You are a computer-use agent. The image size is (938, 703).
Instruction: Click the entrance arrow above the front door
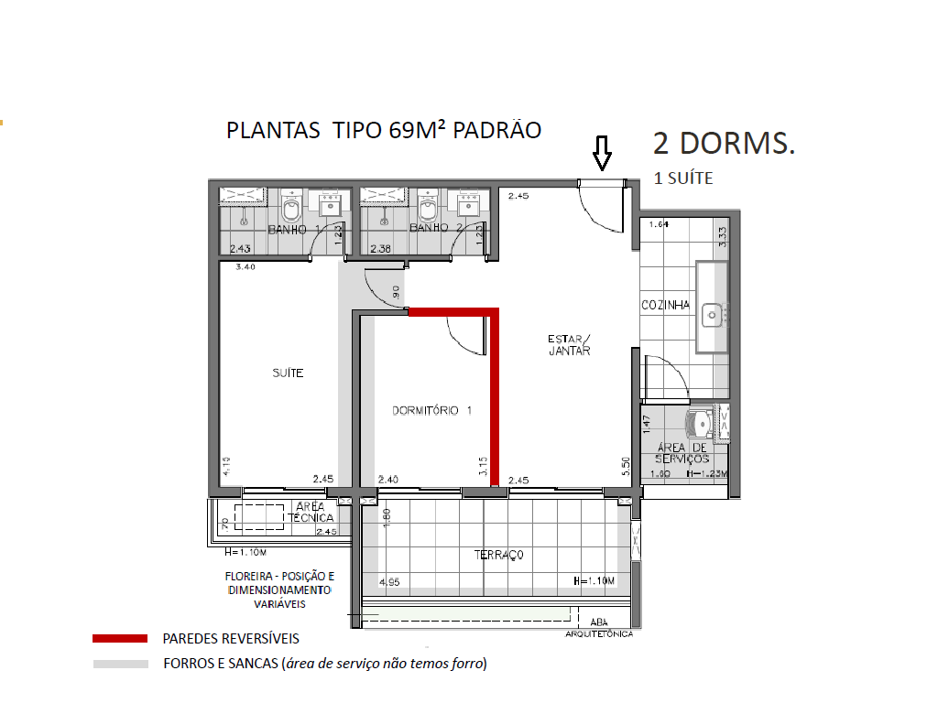[601, 153]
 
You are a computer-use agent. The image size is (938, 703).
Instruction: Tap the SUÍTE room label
[288, 373]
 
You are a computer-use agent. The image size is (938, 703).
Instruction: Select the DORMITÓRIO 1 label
[431, 411]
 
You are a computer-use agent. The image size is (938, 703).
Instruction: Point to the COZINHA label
[665, 306]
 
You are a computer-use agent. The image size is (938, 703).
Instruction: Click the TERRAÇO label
[498, 555]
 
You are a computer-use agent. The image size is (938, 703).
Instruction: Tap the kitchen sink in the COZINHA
[713, 316]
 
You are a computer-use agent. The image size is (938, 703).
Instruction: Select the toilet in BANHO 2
[427, 211]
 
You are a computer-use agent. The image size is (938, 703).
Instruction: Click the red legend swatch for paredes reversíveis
[120, 639]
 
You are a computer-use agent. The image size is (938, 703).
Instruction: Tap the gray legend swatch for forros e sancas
[120, 664]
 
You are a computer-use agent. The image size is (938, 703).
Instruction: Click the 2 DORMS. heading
[724, 145]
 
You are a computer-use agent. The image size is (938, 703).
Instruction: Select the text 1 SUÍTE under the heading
[682, 179]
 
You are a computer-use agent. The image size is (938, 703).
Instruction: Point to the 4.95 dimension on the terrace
[390, 580]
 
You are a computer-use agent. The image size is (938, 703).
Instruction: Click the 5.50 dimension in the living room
[627, 465]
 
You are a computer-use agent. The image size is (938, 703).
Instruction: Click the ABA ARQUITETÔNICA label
[600, 628]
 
